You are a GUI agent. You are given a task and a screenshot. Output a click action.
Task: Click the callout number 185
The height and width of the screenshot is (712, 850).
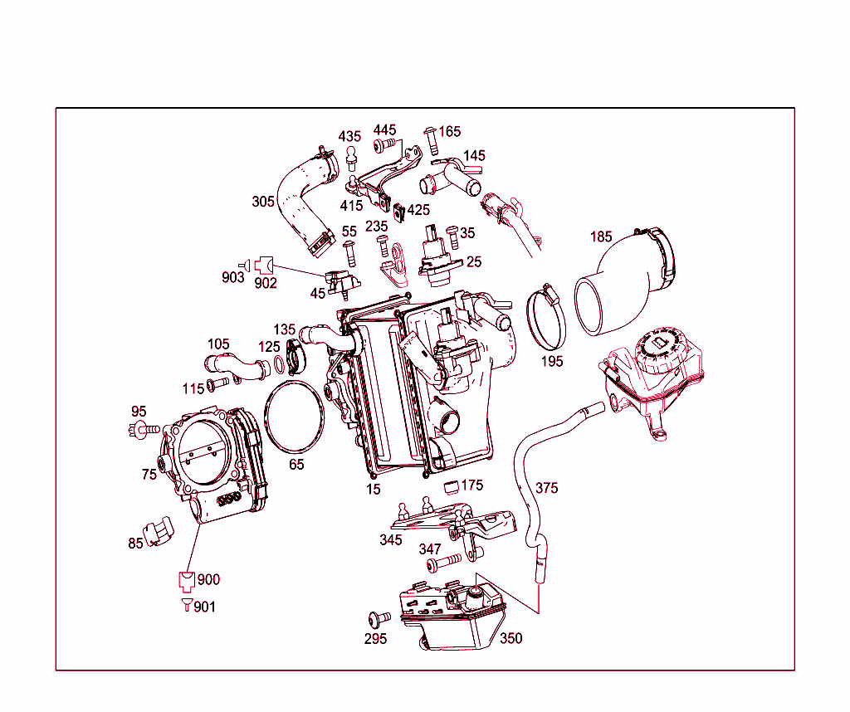pos(601,237)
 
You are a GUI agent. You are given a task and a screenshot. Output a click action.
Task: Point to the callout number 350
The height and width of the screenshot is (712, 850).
pos(511,638)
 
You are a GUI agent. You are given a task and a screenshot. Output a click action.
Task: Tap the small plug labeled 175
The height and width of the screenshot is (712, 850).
pos(452,485)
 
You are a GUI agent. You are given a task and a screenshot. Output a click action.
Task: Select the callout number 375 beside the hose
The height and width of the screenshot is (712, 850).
pos(547,487)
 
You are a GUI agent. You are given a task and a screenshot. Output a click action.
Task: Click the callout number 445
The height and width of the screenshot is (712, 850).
pos(384,130)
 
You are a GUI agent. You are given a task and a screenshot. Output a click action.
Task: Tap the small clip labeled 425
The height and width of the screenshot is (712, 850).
pos(398,211)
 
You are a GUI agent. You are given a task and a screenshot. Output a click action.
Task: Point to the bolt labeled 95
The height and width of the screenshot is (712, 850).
pos(145,429)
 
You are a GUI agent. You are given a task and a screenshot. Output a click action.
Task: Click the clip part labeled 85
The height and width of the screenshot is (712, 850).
pos(158,532)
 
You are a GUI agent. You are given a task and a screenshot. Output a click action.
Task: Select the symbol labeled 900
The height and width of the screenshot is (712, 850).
pos(186,579)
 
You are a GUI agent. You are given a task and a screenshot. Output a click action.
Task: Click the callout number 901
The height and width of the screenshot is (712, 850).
pos(204,607)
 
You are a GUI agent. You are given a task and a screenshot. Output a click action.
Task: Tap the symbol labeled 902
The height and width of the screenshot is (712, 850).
pos(265,265)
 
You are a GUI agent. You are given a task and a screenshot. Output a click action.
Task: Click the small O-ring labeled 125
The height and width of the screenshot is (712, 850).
pos(281,366)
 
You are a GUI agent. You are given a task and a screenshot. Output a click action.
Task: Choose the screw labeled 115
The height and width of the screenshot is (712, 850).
pos(216,383)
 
